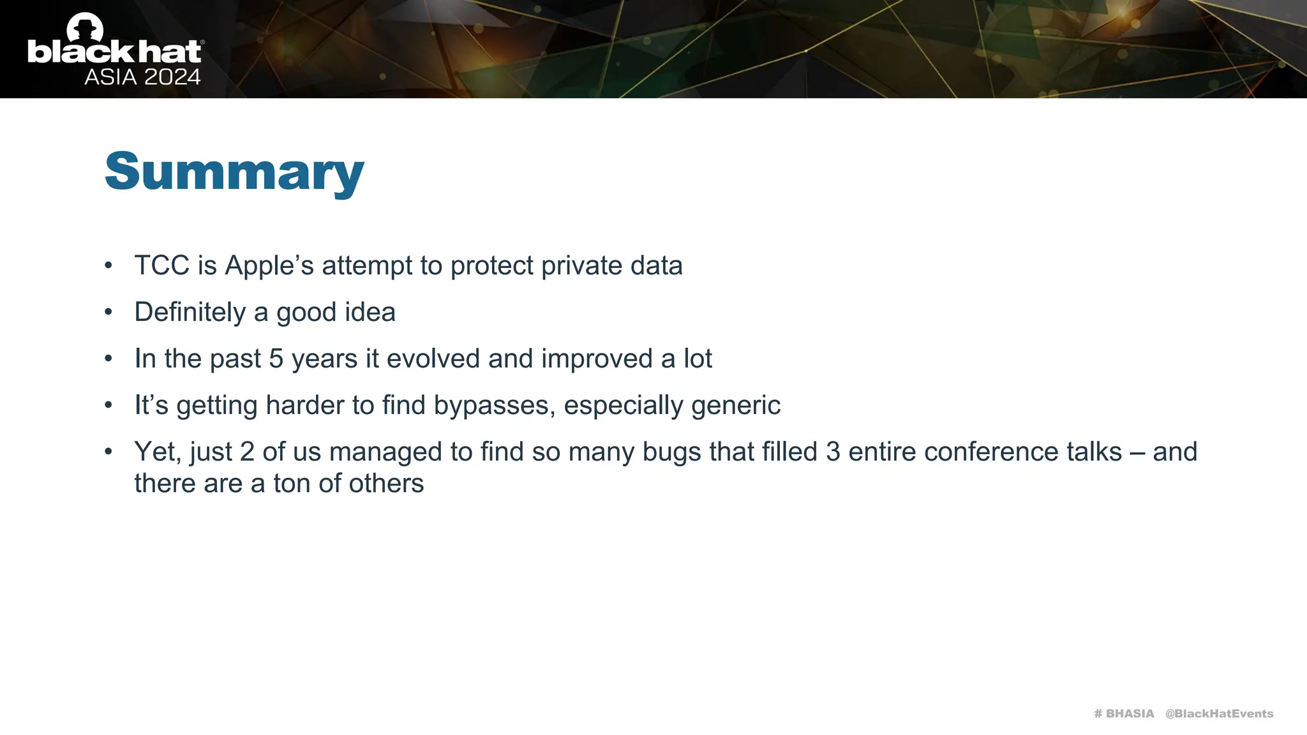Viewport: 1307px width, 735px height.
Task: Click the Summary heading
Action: coord(234,171)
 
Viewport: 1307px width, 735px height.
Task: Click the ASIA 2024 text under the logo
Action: coord(142,77)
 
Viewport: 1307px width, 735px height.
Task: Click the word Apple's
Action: coord(269,265)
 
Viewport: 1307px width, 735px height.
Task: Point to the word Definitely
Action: coord(190,312)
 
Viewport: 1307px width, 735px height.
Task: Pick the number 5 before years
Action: coord(276,359)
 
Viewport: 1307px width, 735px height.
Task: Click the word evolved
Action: coord(433,359)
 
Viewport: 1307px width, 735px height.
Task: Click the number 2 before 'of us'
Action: coord(247,452)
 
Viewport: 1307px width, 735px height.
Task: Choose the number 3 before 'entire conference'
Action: coord(833,452)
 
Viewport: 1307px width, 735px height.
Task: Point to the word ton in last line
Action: coord(292,484)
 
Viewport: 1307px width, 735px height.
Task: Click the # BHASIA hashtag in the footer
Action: coord(1124,713)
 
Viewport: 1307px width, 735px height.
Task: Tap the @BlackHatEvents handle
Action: coord(1219,713)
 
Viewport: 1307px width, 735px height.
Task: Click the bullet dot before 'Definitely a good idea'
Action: coord(108,312)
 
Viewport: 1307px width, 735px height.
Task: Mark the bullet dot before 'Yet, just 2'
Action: coord(108,452)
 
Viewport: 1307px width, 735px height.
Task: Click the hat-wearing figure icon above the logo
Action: coord(85,27)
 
